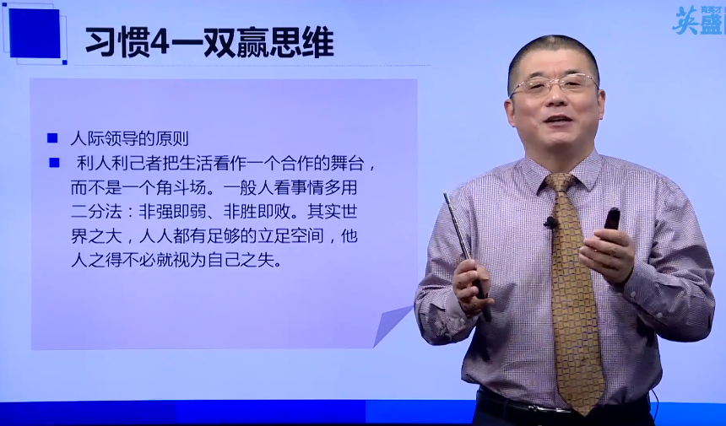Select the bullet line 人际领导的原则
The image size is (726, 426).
coord(135,138)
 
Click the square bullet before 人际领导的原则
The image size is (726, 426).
coord(52,138)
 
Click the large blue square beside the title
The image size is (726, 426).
coord(35,34)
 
